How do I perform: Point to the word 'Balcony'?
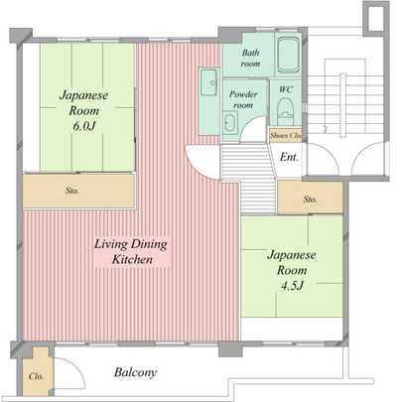pos(135,373)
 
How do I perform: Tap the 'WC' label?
pos(285,89)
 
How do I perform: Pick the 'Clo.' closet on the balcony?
pos(35,377)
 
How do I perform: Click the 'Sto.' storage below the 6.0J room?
pos(73,189)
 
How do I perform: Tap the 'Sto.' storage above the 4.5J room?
pos(310,200)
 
